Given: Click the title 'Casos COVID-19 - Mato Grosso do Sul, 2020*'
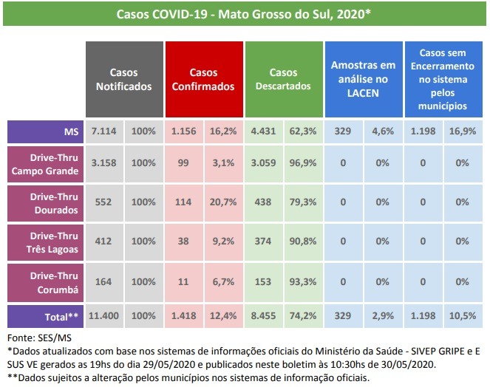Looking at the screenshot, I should [x=244, y=14].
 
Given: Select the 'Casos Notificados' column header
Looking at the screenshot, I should [x=124, y=80].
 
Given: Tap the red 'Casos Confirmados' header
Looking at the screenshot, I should [x=203, y=80].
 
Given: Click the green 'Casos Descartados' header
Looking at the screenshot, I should [x=282, y=80].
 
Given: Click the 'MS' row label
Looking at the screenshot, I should [x=44, y=131].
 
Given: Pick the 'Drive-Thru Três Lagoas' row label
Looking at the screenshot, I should [x=44, y=243].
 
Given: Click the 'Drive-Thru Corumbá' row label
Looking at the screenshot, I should [x=44, y=281].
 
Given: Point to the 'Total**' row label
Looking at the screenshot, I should [x=44, y=315].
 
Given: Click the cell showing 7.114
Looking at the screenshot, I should [x=104, y=131].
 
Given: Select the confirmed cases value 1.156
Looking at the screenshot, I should [x=183, y=131].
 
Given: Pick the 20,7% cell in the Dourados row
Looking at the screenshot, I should [x=223, y=202].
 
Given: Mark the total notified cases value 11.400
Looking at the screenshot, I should [x=104, y=315].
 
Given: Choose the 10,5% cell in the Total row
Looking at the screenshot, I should [x=463, y=315].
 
